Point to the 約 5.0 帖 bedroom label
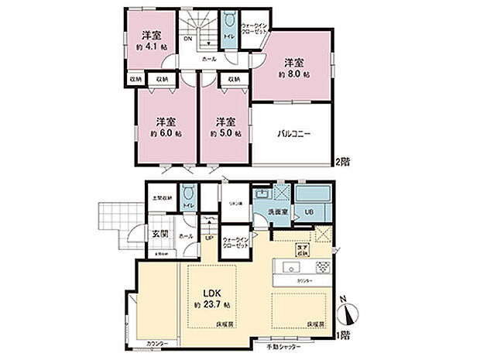225,133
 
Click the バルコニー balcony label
294,133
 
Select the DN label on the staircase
187,40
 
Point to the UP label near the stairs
210,238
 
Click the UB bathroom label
308,211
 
